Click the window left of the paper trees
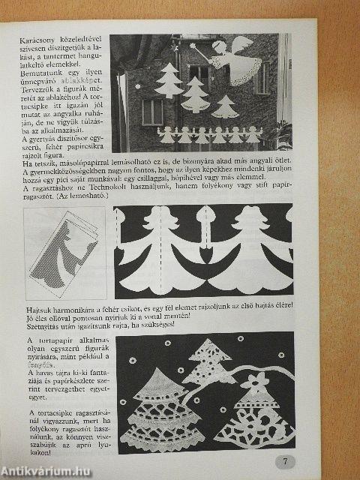pyautogui.click(x=151, y=110)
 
